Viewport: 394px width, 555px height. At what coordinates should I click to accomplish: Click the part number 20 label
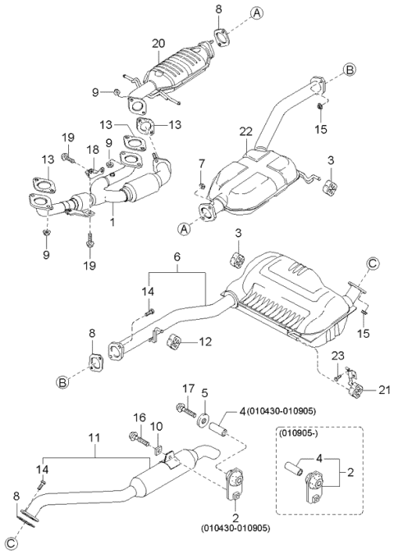coord(158,44)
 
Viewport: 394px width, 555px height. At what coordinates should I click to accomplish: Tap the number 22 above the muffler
coord(245,132)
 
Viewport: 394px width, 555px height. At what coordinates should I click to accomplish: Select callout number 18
coord(94,150)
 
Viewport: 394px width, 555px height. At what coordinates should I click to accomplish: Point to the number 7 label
coord(201,164)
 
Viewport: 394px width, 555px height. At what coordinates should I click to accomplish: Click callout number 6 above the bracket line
coord(176,257)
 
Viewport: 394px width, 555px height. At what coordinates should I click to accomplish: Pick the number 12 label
coord(205,341)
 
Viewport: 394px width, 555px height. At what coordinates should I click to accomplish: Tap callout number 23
coord(337,355)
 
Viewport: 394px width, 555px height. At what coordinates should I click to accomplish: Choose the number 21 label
coord(384,390)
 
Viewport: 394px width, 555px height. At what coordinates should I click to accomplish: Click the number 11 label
coord(94,438)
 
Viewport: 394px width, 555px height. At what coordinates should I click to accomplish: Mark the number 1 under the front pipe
coord(112,223)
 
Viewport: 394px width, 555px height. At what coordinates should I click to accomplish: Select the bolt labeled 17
coord(186,410)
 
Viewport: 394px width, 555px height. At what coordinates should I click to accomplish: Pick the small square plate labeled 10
coord(158,451)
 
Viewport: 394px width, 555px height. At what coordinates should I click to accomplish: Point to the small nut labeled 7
coord(202,185)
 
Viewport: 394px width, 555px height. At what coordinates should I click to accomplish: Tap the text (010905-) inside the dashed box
coord(295,432)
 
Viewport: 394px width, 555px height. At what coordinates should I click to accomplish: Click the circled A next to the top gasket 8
coord(257,13)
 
